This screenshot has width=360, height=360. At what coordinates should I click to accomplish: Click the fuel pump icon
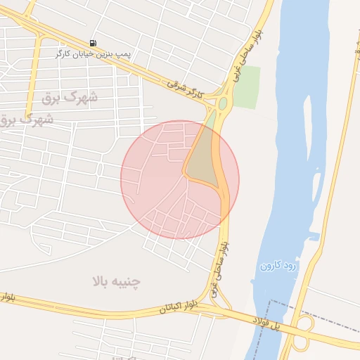point(94,43)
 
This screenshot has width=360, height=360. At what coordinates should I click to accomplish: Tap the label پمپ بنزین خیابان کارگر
point(94,53)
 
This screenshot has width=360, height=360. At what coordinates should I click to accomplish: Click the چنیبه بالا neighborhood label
point(116,281)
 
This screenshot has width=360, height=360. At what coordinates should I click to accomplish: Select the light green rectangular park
point(245,86)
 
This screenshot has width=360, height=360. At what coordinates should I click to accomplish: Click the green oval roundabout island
point(223,104)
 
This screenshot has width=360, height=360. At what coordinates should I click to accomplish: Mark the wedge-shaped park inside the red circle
point(200,158)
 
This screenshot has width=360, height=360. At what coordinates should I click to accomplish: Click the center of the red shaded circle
point(180,179)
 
